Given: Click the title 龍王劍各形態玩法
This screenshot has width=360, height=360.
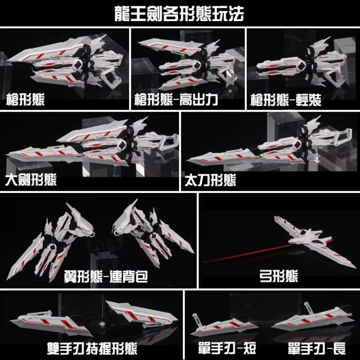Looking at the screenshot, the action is point(179,14).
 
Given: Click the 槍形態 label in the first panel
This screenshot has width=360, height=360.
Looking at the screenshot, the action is point(25,99).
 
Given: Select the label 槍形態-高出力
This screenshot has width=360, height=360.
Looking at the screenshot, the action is point(176,99).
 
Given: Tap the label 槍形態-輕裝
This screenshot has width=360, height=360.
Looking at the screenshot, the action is point(286,100).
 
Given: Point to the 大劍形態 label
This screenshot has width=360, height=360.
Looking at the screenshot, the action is point(31,180).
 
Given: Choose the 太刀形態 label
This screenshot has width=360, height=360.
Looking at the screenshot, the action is point(211,180).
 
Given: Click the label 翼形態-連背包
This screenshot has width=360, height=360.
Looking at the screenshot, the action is point(106,276).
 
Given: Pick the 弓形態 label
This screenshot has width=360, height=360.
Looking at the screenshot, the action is point(279,276).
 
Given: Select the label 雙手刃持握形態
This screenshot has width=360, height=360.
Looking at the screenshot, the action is point(92,348).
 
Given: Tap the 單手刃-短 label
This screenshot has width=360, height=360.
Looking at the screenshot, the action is point(227,348).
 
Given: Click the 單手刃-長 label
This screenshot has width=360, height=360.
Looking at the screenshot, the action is point(317,348).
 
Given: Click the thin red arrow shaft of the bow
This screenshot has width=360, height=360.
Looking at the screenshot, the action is point(248,254).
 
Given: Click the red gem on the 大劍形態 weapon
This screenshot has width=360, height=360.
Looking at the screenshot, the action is point(122,145).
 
